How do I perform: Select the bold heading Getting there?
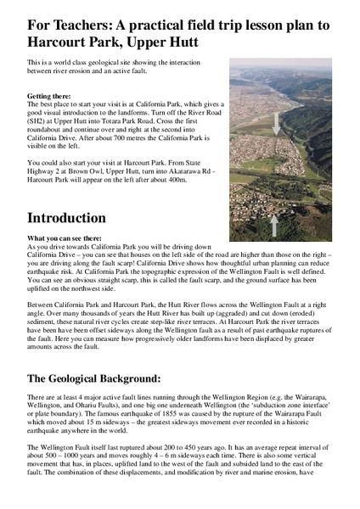tap(50, 98)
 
